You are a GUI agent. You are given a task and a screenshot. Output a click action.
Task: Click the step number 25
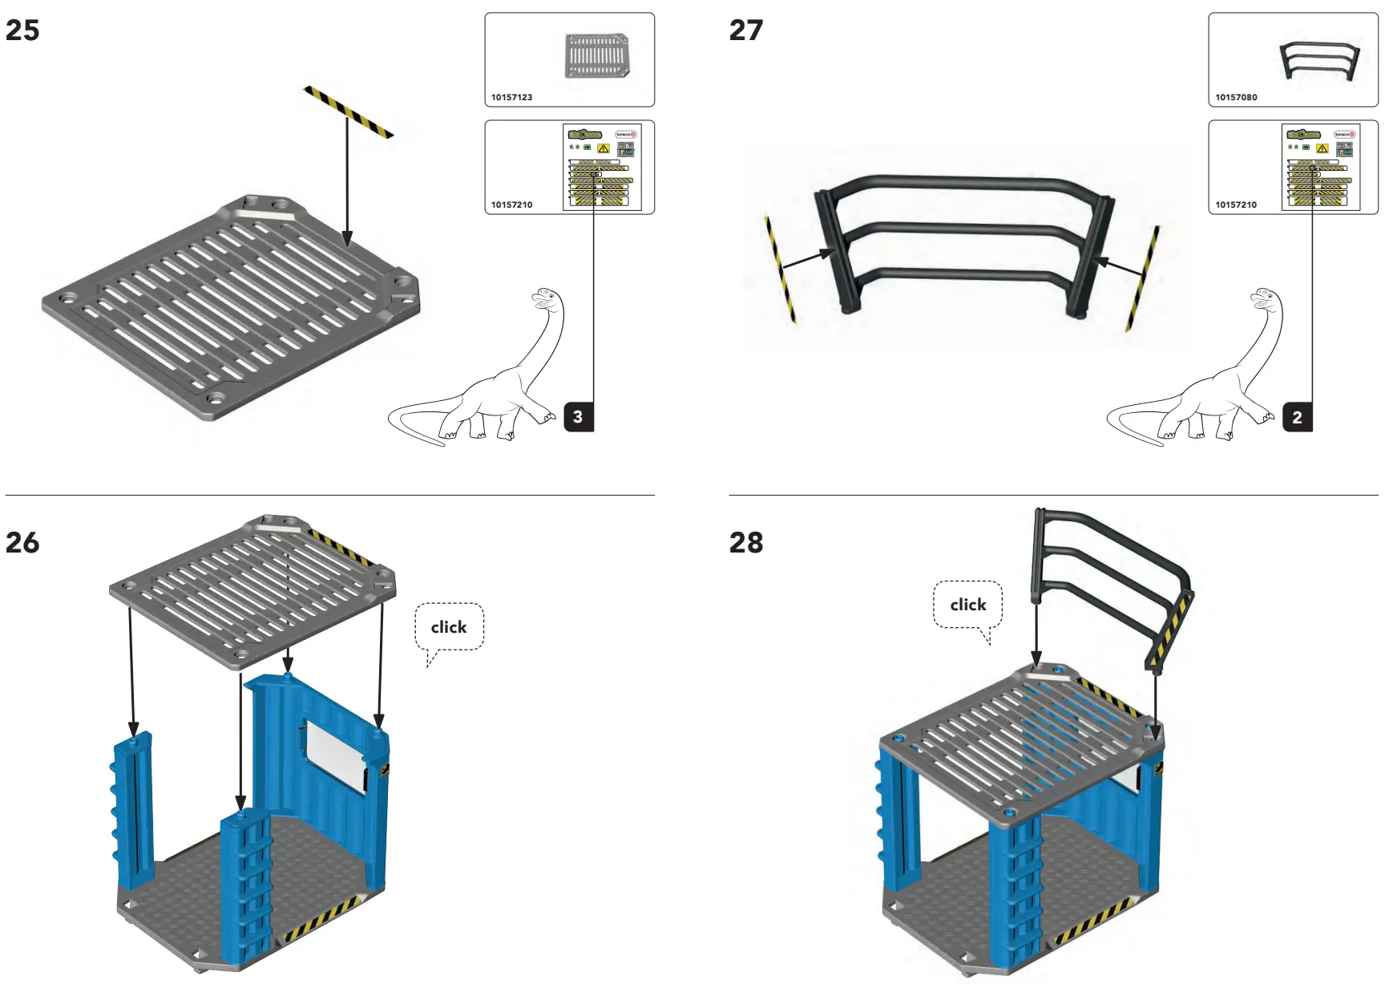click(22, 30)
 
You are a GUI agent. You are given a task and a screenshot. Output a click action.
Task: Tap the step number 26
click(22, 543)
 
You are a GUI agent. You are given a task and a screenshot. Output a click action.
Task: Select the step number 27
click(745, 30)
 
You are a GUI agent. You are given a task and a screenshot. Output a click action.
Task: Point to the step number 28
click(745, 543)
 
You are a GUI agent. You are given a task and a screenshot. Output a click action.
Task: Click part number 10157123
click(511, 97)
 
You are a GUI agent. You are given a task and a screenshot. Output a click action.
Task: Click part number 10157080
click(1236, 97)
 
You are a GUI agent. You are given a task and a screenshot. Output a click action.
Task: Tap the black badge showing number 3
click(578, 417)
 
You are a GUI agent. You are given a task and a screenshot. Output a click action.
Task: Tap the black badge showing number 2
click(1297, 417)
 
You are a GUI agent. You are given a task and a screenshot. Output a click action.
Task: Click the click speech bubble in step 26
click(449, 627)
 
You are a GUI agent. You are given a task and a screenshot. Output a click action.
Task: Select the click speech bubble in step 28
click(967, 605)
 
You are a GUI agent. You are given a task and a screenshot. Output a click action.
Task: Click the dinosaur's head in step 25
click(545, 298)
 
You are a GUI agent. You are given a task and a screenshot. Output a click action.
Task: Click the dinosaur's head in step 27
click(1264, 298)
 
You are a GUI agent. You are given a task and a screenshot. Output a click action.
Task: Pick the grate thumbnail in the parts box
click(596, 55)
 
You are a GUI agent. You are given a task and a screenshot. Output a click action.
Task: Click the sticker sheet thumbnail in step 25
click(601, 167)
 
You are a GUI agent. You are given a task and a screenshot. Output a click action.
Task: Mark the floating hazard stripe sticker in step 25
click(348, 111)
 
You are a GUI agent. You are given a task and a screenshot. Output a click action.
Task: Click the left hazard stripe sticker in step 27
click(780, 269)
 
